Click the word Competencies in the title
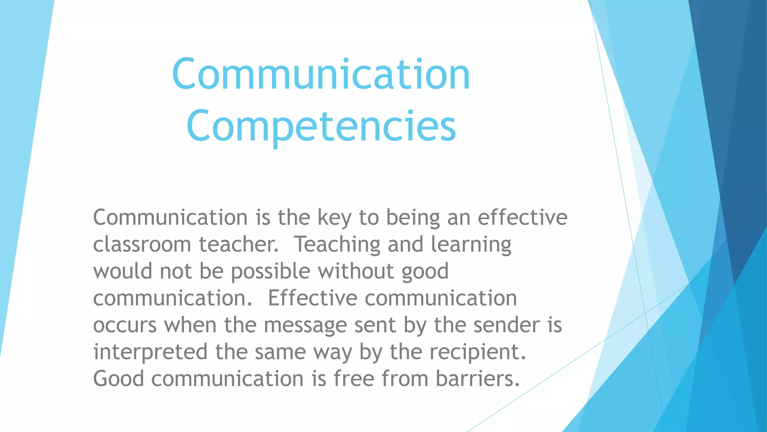(x=321, y=126)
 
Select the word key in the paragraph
(x=334, y=218)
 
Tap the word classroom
(x=142, y=244)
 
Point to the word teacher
(x=239, y=244)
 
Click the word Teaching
(x=337, y=244)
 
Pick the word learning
(x=471, y=244)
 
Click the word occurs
(x=125, y=325)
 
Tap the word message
(x=305, y=325)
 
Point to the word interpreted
(x=150, y=352)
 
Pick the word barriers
(x=478, y=379)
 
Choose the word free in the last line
(x=354, y=379)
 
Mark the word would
(x=123, y=271)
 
